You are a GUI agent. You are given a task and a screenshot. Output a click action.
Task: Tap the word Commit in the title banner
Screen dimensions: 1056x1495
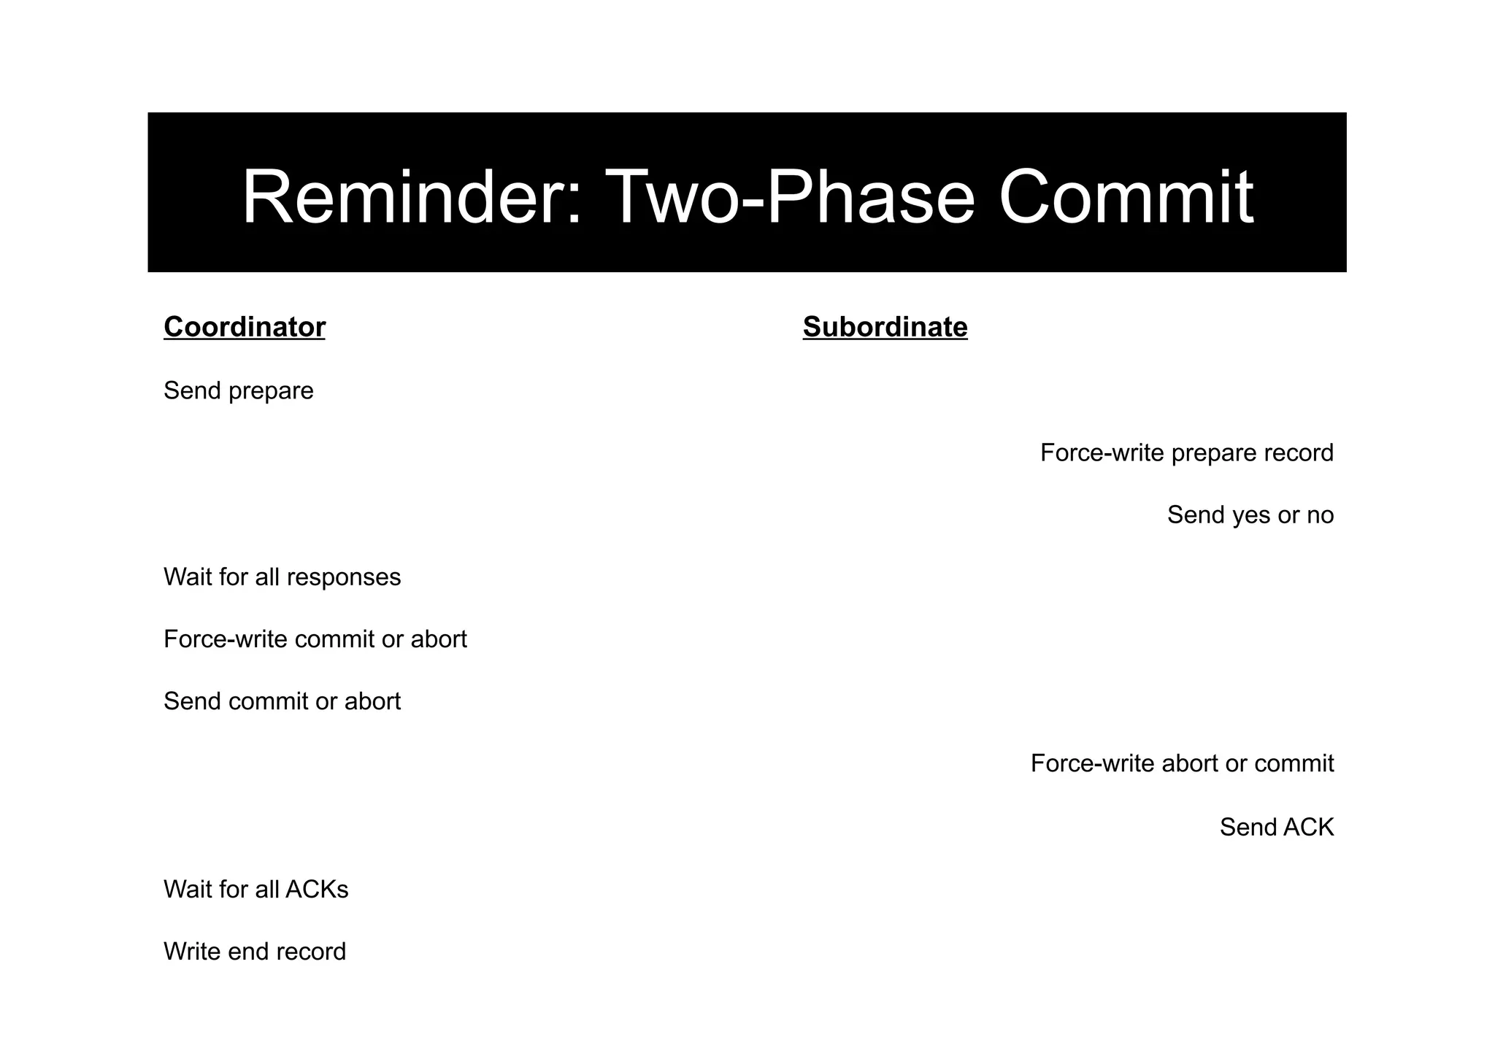(1126, 197)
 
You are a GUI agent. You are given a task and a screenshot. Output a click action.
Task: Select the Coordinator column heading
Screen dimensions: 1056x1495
(245, 327)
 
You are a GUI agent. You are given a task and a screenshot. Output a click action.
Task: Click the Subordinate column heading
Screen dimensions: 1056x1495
(885, 327)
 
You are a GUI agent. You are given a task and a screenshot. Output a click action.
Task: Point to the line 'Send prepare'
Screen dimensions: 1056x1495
(239, 391)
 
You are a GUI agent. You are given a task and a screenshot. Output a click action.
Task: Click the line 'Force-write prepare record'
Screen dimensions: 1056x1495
(1186, 453)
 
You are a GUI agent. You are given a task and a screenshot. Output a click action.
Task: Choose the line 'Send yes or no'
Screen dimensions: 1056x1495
(1250, 515)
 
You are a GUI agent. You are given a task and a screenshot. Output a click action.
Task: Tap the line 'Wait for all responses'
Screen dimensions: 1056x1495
(283, 577)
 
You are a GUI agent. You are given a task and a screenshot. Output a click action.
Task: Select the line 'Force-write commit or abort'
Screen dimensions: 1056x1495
(315, 639)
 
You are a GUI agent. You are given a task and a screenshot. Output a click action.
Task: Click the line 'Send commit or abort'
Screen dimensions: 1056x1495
(283, 701)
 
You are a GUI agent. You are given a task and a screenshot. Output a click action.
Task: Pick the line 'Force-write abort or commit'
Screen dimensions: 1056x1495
(1182, 763)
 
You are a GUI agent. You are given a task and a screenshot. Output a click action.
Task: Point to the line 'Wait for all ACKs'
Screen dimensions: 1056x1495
(256, 890)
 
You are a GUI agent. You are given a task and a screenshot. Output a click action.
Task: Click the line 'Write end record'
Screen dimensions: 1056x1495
(255, 952)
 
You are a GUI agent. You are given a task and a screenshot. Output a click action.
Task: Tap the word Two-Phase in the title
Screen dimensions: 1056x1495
(790, 197)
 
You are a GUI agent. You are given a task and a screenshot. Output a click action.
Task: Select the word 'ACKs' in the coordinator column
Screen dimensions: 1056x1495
(317, 890)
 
